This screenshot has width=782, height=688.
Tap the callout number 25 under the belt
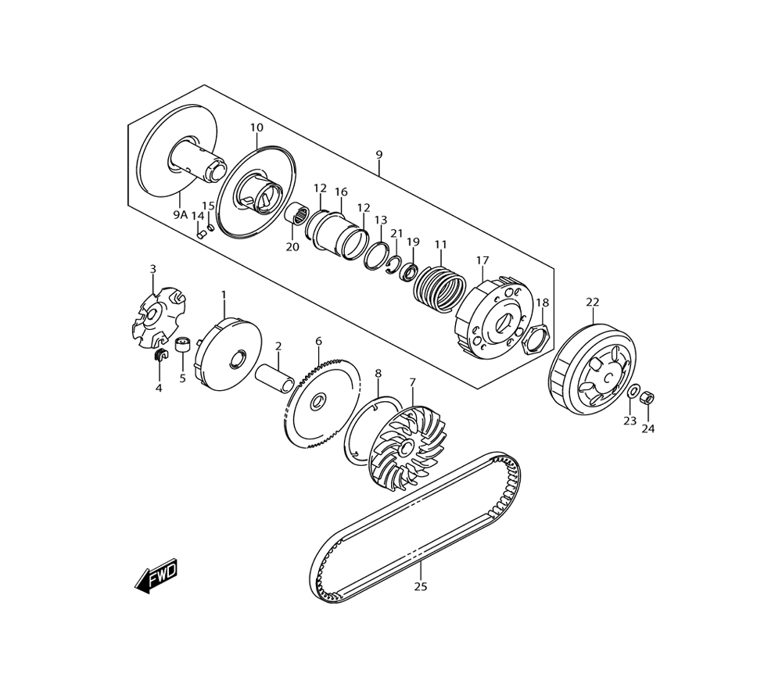(421, 586)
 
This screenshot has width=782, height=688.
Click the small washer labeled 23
(633, 391)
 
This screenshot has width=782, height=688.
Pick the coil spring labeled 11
(439, 287)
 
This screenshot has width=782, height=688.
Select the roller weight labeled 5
(183, 344)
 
